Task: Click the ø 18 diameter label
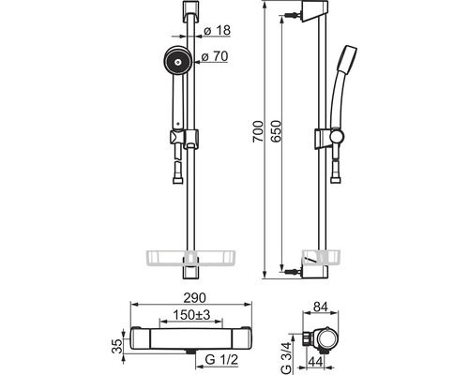[217, 31]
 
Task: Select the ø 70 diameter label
[215, 56]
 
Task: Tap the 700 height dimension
[258, 131]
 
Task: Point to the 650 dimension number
[276, 131]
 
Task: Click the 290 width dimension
[194, 298]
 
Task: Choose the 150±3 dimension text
[191, 315]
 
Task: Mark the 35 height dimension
[117, 346]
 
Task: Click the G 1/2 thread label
[221, 360]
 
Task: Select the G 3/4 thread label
[286, 358]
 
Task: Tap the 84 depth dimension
[320, 307]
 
